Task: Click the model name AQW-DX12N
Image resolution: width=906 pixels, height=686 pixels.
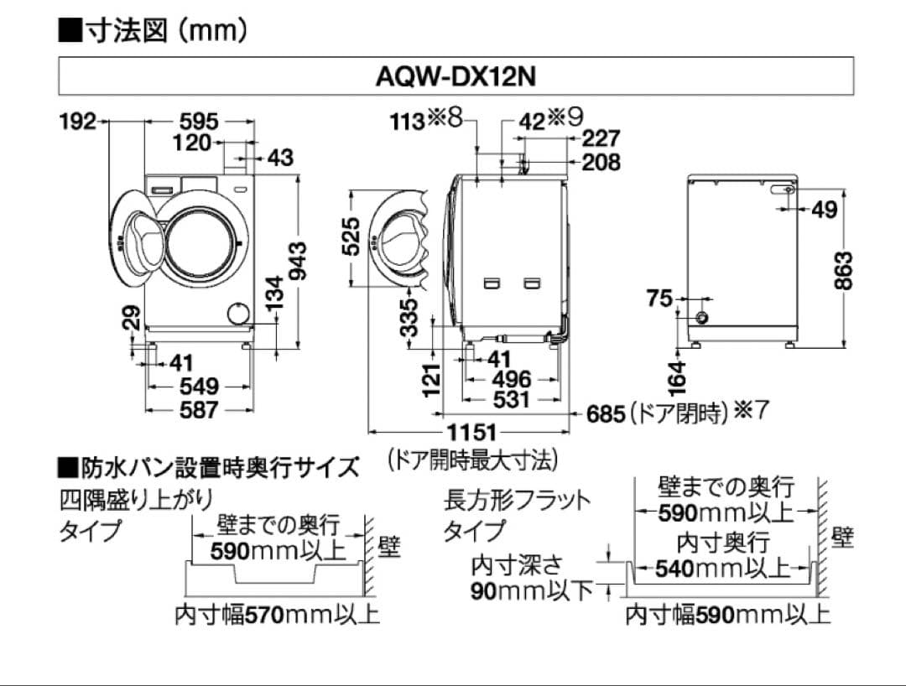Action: tap(456, 76)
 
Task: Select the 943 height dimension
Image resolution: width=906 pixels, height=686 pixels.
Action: tap(297, 262)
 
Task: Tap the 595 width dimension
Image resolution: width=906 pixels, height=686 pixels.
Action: tap(199, 121)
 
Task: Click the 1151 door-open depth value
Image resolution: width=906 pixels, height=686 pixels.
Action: tap(471, 434)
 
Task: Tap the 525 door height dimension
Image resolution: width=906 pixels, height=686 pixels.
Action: tap(353, 237)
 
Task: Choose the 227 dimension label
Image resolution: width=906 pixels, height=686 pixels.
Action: tap(601, 138)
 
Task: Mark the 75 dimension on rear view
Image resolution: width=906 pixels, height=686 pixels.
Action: tap(660, 298)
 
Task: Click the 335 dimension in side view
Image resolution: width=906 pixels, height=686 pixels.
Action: tap(409, 317)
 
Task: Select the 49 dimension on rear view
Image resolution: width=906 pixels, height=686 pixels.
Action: tap(825, 210)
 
